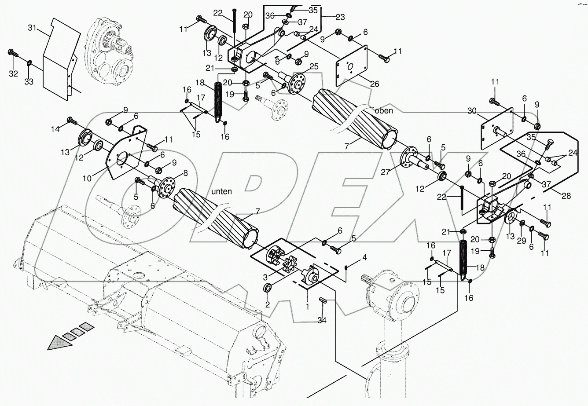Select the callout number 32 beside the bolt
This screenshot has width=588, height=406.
13,73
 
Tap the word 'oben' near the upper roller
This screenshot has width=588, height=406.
384,110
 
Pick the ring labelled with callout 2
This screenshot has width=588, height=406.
267,288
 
